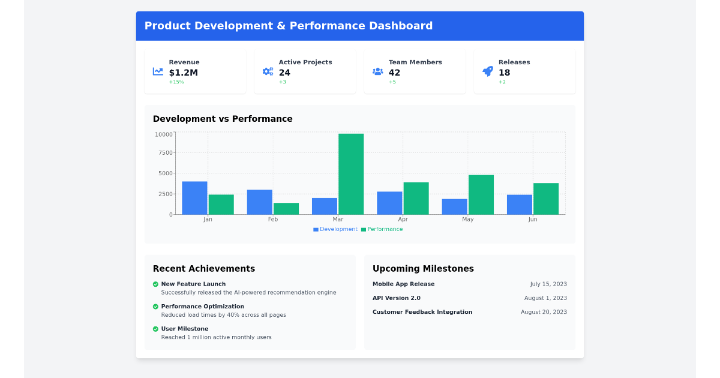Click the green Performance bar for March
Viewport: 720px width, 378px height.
[351, 174]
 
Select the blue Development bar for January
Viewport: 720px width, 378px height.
[194, 198]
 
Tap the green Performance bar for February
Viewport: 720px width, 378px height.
[286, 209]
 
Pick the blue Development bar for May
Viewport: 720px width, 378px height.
[454, 206]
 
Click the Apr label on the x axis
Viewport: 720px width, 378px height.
[403, 220]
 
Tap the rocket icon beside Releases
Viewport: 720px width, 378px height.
[488, 71]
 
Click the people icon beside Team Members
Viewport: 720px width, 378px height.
[378, 71]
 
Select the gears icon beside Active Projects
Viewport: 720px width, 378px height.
[268, 71]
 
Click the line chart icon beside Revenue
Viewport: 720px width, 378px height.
[158, 71]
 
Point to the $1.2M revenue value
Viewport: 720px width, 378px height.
[183, 73]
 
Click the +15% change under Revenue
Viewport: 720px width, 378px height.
[176, 82]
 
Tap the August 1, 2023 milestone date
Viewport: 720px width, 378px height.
[545, 298]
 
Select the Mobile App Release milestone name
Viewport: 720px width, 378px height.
[403, 284]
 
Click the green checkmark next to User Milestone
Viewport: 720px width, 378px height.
[155, 329]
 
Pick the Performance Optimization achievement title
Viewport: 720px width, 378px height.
[202, 307]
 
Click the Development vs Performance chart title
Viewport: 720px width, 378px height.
[223, 119]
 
